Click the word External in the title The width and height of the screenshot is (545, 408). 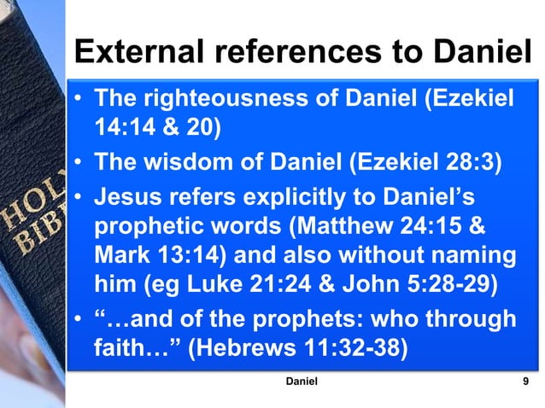(137, 53)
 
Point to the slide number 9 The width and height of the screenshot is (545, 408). (523, 381)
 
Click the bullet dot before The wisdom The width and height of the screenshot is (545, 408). (78, 163)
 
